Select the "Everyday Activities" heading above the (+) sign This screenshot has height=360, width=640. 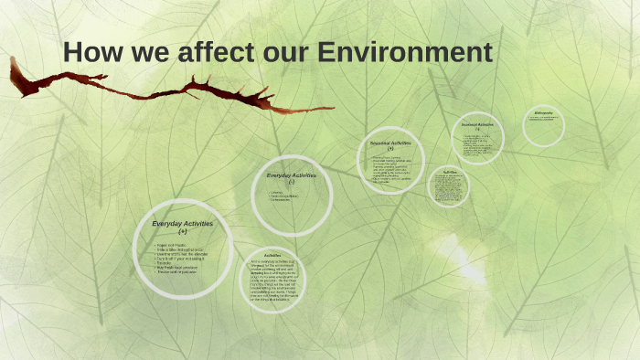tap(183, 224)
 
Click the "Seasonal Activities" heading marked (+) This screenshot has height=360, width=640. tap(391, 143)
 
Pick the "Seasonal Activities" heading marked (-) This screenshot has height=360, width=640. tap(477, 124)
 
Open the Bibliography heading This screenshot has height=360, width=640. tap(543, 113)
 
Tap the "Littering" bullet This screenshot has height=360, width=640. tap(278, 193)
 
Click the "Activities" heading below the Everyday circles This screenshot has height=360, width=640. tap(272, 255)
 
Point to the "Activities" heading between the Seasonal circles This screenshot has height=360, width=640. tap(450, 171)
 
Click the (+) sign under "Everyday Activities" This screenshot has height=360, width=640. tap(183, 232)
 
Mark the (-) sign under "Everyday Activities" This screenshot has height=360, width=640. tap(292, 182)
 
